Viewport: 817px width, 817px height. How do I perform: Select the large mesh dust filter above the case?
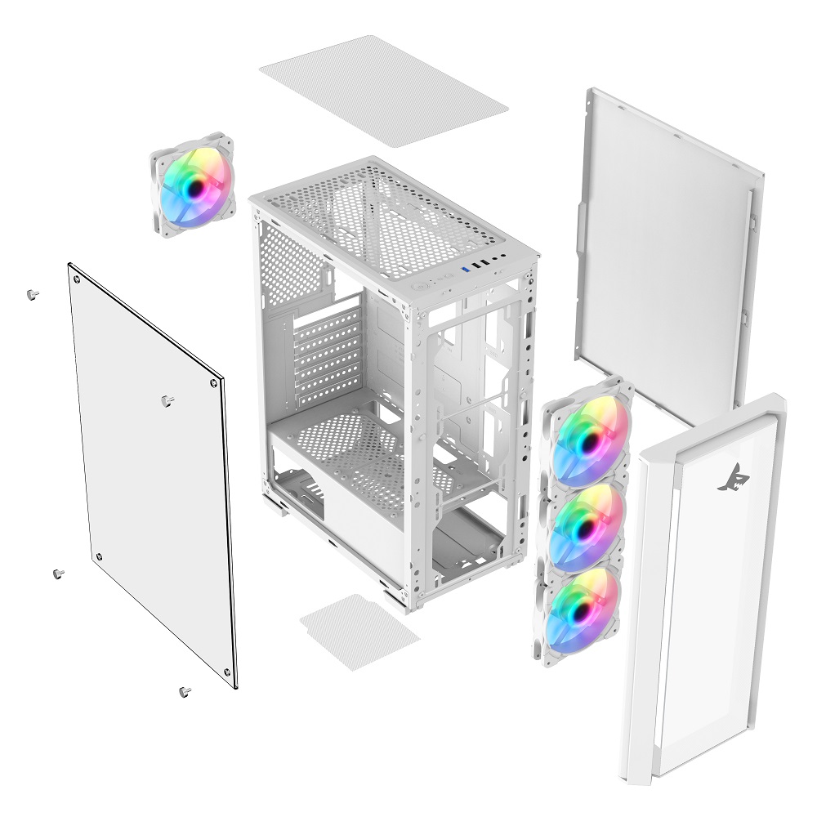coord(384,90)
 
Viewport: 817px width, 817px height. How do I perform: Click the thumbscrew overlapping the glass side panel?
coord(167,400)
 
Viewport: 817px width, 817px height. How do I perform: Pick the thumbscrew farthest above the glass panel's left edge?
coord(32,295)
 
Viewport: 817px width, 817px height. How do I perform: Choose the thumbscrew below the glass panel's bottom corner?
coord(184,692)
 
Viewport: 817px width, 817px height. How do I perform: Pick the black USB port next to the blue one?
coord(476,266)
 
